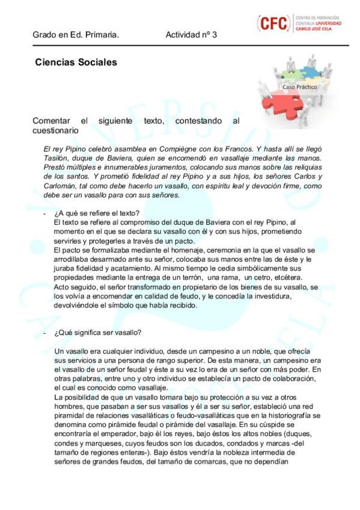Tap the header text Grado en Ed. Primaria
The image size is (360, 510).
point(76,35)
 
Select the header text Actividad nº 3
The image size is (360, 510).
point(191,35)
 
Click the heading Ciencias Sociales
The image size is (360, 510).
point(76,63)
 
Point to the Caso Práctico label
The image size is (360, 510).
point(300,87)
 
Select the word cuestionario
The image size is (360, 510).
point(55,130)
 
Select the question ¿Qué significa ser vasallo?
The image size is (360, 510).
point(98,333)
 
